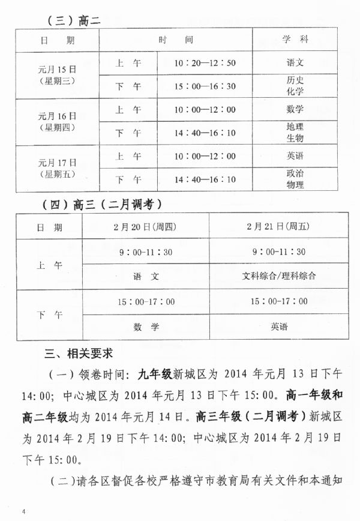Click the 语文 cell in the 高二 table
pyautogui.click(x=295, y=62)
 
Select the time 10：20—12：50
pyautogui.click(x=205, y=62)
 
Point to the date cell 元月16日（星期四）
pyautogui.click(x=57, y=121)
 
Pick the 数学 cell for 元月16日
pyautogui.click(x=295, y=109)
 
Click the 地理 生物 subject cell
pyautogui.click(x=295, y=132)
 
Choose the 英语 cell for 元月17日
pyautogui.click(x=295, y=156)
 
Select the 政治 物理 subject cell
pyautogui.click(x=295, y=179)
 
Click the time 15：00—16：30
pyautogui.click(x=205, y=86)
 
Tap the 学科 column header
pyautogui.click(x=295, y=40)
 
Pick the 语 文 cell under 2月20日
pyautogui.click(x=146, y=276)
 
